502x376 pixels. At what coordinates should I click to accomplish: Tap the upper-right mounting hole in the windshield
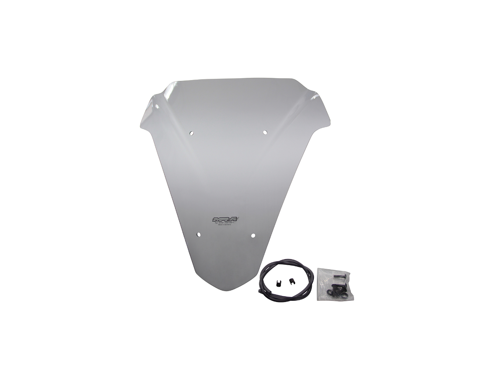click(265, 132)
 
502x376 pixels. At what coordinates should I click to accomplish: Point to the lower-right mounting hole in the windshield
click(253, 236)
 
